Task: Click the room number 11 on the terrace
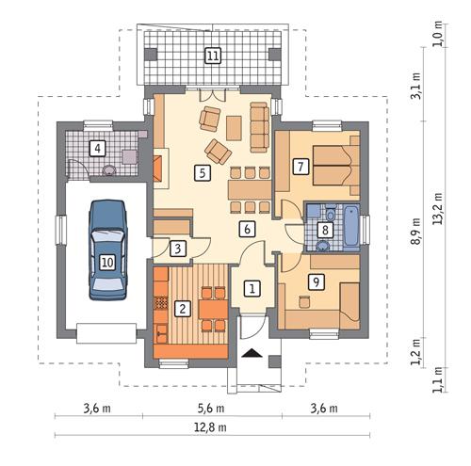click(x=213, y=56)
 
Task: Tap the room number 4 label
click(x=96, y=147)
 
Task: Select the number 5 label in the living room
click(x=201, y=172)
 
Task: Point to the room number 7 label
click(x=300, y=167)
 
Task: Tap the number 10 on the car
click(x=107, y=263)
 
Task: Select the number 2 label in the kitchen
click(x=184, y=306)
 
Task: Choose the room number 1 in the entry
click(x=252, y=289)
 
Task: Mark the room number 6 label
click(x=246, y=228)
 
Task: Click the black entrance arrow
click(x=252, y=354)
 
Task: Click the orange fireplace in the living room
click(x=160, y=169)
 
